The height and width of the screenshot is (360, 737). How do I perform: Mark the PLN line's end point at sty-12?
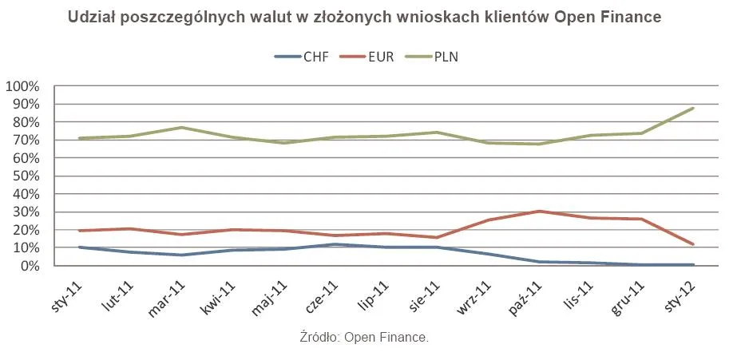click(693, 108)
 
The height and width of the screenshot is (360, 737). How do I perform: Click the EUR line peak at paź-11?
click(540, 212)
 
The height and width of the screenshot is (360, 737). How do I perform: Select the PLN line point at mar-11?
click(181, 128)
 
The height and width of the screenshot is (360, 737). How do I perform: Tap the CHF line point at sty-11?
click(79, 247)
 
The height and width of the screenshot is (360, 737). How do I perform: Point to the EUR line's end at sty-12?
click(693, 244)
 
